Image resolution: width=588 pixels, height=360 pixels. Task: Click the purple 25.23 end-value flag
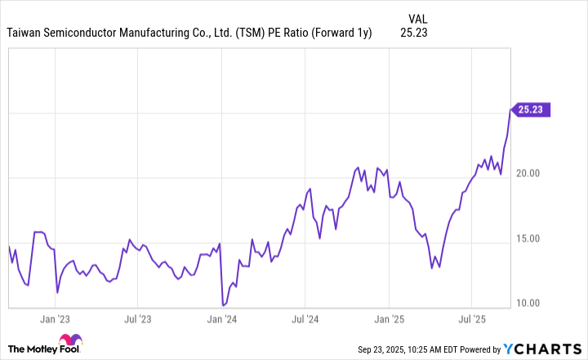click(532, 109)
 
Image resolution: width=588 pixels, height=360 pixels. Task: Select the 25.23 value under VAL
click(414, 33)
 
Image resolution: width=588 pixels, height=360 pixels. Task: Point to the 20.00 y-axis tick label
click(532, 174)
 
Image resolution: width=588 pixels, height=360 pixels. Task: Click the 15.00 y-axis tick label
click(532, 239)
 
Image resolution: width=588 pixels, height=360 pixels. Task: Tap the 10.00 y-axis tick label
click(532, 304)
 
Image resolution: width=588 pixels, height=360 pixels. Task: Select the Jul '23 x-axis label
click(138, 320)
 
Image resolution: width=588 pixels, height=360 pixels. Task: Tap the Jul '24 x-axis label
click(305, 320)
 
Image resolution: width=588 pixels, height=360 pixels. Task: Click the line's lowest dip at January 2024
click(223, 305)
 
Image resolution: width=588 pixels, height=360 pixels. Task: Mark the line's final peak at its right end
click(510, 109)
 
